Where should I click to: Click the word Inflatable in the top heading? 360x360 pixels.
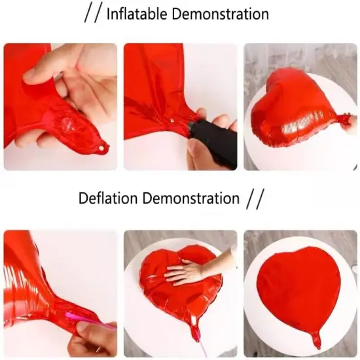pyautogui.click(x=137, y=14)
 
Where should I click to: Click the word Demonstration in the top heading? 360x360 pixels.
pyautogui.click(x=221, y=14)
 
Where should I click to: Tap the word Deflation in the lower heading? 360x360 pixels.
pyautogui.click(x=108, y=198)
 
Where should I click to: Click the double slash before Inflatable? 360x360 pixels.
pyautogui.click(x=93, y=14)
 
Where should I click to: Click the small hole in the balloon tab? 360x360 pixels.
pyautogui.click(x=100, y=149)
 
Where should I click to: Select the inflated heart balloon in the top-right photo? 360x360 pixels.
pyautogui.click(x=298, y=110)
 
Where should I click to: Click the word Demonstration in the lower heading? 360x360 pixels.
pyautogui.click(x=191, y=198)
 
